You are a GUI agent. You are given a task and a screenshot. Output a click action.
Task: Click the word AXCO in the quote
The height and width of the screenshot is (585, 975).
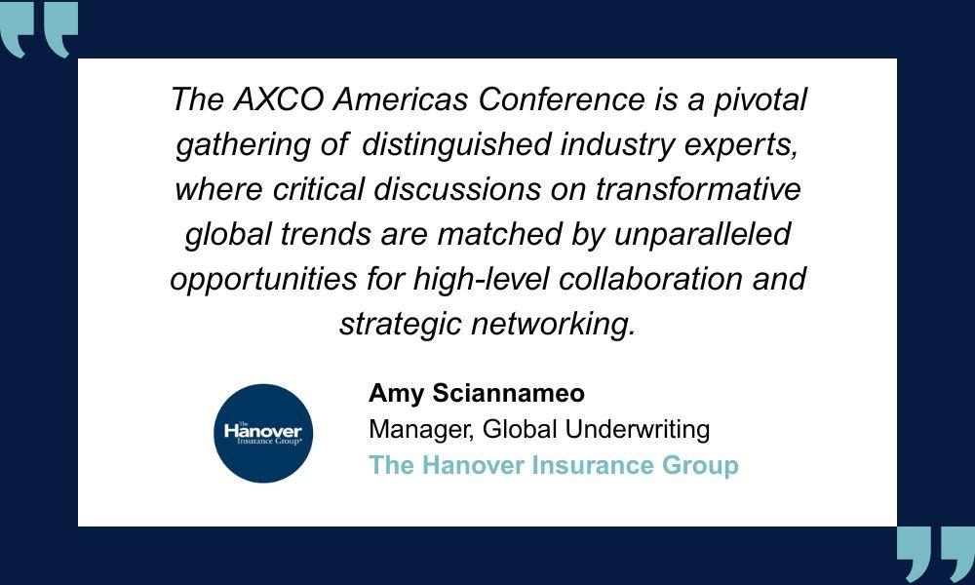[279, 99]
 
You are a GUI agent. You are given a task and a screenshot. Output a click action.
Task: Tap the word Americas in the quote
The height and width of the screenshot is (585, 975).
[401, 99]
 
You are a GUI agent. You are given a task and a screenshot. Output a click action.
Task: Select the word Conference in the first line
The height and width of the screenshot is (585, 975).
[562, 99]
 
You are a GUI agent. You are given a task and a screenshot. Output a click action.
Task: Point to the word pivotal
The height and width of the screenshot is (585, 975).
[760, 100]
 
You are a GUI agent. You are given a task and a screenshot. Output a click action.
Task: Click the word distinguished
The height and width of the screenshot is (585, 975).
[456, 145]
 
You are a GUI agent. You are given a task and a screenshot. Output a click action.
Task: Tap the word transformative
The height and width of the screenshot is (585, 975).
[698, 189]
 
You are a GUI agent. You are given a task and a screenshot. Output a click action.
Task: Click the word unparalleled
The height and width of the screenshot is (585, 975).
[703, 235]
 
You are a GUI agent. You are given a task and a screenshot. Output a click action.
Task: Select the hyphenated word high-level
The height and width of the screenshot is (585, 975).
[482, 279]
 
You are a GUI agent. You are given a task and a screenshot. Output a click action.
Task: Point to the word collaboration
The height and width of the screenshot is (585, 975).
[650, 279]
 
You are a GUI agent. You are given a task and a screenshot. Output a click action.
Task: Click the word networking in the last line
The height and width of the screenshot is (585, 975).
[554, 325]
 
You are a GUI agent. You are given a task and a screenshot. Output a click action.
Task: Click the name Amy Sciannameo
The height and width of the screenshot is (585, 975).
[477, 394]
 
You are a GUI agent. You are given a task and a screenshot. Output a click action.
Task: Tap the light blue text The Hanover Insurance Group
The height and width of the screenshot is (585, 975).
[554, 466]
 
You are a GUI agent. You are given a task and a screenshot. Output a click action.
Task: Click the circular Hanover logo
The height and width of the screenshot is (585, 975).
[263, 433]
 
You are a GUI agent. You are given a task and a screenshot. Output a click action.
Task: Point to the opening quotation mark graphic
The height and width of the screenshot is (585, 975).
[39, 28]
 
